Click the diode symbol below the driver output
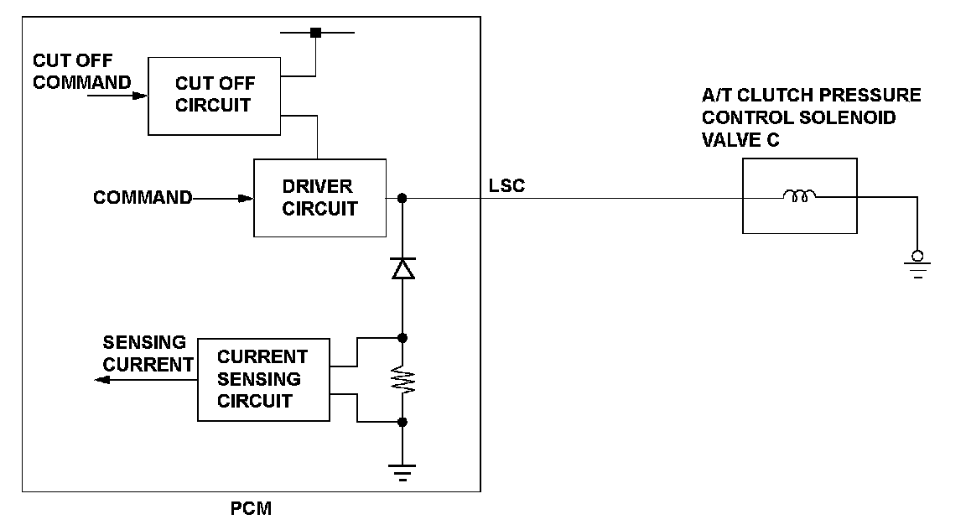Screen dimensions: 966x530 coord(402,268)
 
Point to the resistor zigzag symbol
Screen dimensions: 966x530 coord(402,380)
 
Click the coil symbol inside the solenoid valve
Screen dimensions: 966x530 coord(800,196)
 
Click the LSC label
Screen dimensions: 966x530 coord(506,185)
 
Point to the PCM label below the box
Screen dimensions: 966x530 coord(251,508)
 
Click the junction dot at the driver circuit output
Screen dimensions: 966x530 coord(402,198)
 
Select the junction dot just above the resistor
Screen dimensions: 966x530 coord(402,338)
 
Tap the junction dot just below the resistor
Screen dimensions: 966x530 coord(402,422)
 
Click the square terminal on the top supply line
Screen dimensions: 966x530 coord(315,33)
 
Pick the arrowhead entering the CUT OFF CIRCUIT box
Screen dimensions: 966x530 coord(141,96)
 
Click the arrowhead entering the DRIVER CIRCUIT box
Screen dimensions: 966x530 coord(246,199)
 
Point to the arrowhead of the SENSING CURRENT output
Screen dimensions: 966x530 coord(101,380)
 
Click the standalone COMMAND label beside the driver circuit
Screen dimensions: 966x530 coord(143,197)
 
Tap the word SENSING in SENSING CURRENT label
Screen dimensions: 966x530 coord(144,342)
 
